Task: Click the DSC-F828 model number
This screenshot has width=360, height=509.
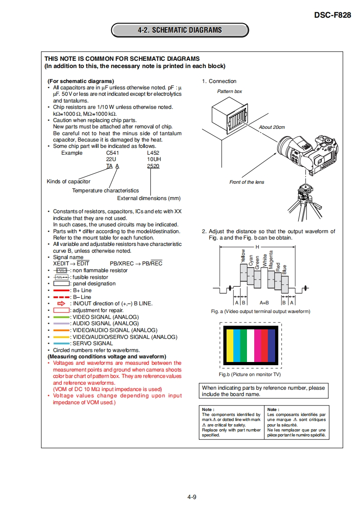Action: tap(332, 15)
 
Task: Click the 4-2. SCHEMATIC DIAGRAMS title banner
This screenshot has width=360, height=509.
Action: tap(180, 30)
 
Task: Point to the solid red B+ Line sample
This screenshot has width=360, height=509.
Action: tap(61, 290)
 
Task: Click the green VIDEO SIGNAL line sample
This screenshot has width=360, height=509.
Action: tap(61, 317)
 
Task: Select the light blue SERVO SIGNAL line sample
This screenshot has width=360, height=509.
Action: tap(61, 343)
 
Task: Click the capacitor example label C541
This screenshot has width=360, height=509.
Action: tap(112, 153)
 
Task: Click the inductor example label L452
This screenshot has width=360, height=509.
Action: tap(153, 153)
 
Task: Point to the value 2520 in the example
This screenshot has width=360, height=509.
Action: tap(153, 166)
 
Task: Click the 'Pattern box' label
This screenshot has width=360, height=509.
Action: tap(229, 91)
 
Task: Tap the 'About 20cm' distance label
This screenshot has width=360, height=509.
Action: tap(271, 127)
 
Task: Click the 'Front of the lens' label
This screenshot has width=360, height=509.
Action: tap(247, 182)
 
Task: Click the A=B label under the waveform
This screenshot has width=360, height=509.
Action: tap(264, 302)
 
